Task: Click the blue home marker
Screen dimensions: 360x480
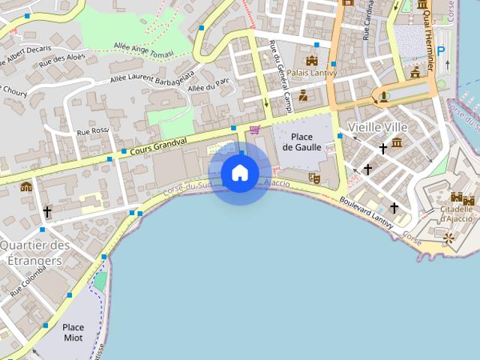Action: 240,173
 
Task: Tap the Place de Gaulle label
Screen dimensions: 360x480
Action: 302,142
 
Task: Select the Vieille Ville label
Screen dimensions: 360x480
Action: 377,127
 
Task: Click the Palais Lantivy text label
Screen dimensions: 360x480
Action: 313,73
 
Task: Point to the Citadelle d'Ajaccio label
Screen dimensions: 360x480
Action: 456,214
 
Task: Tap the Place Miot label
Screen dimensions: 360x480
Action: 73,332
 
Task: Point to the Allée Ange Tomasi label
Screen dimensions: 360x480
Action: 143,49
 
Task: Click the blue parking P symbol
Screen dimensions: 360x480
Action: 441,51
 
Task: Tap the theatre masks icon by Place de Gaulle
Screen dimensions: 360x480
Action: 315,178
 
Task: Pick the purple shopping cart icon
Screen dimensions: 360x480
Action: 254,129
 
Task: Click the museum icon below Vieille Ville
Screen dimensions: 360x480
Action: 397,142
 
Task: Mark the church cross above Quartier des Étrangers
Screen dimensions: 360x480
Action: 47,212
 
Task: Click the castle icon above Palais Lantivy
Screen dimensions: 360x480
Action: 312,60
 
